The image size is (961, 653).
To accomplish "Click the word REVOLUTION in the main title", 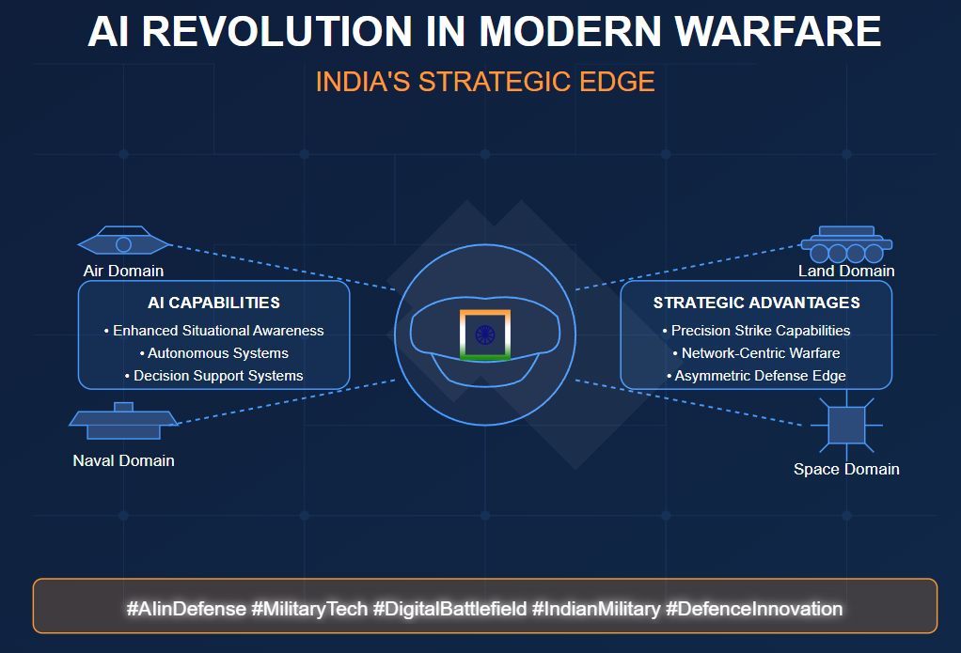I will (x=278, y=32).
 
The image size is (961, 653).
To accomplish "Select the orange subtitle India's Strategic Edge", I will (x=484, y=82).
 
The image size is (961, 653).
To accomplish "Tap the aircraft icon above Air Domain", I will (x=123, y=243).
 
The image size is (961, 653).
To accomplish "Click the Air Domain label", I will (x=123, y=271).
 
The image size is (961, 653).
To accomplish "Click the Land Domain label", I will (x=846, y=271).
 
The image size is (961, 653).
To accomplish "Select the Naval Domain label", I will (x=123, y=460).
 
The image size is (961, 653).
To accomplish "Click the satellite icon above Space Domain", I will (x=846, y=425).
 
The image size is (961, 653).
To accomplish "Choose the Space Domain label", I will (x=846, y=469).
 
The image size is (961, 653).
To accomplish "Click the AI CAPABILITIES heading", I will (x=213, y=303).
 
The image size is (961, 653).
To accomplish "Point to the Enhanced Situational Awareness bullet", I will (x=213, y=331).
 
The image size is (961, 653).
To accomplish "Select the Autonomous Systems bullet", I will (x=213, y=353).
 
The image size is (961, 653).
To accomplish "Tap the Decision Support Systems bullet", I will (x=213, y=376).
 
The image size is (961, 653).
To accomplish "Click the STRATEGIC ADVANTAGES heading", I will (x=756, y=303).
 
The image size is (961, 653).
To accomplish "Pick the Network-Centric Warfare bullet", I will (x=756, y=353).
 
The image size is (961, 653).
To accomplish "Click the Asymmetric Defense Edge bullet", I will (x=756, y=376).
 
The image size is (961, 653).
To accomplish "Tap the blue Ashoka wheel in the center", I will (x=485, y=334).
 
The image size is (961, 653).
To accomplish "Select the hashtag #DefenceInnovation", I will (x=754, y=609).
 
